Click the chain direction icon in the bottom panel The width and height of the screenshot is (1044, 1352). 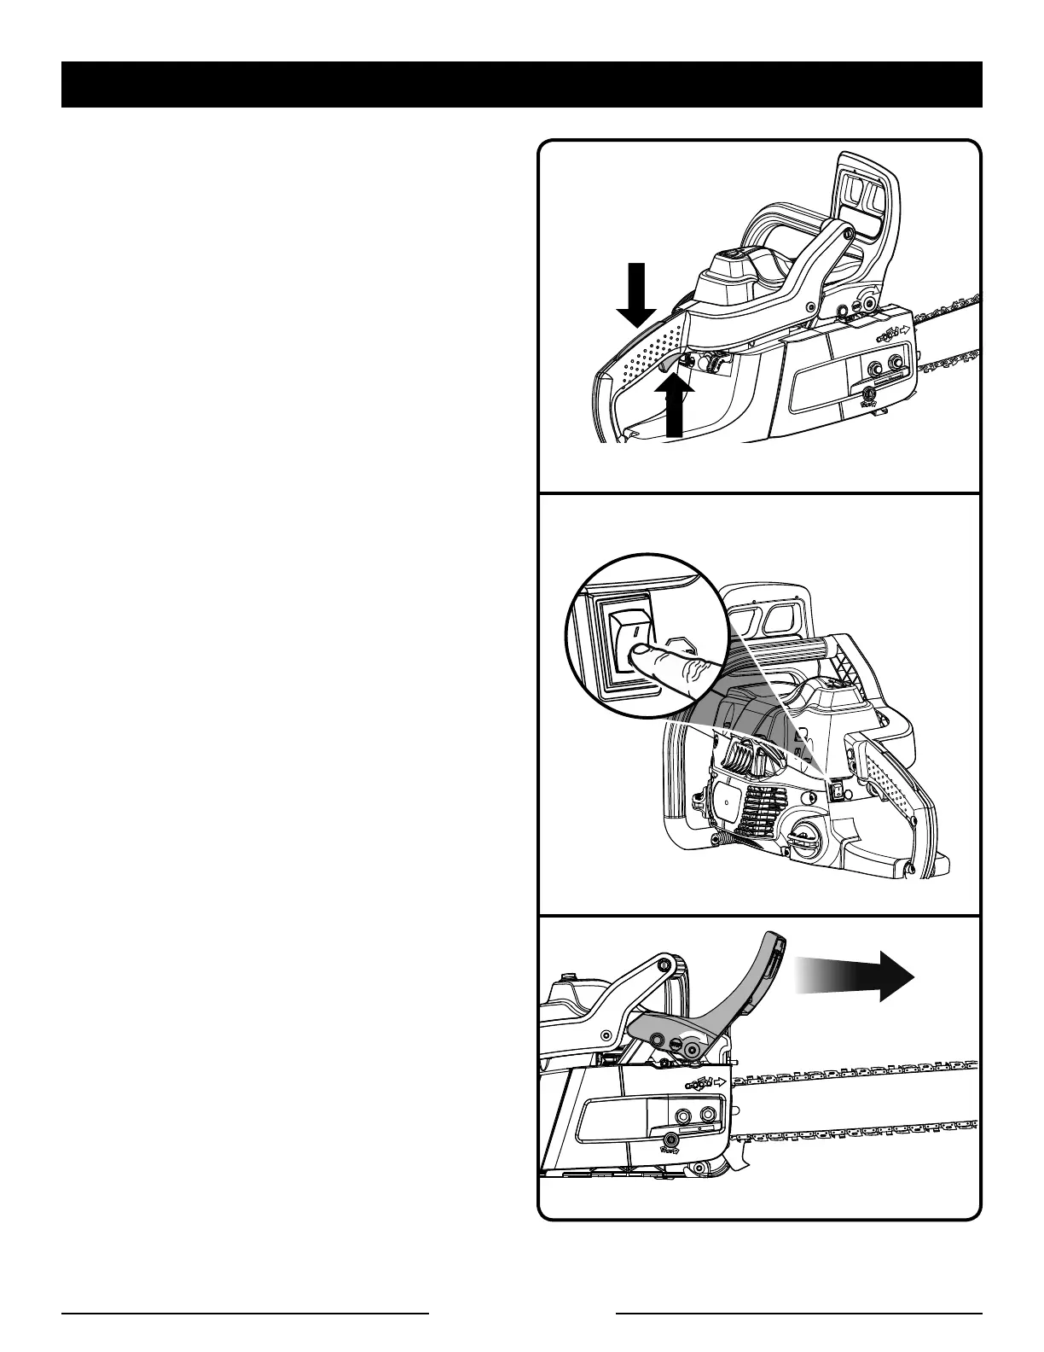pos(704,1082)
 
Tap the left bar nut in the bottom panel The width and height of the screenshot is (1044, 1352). pos(682,1116)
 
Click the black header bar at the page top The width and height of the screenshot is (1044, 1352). pos(521,84)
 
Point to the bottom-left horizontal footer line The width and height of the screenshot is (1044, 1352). pos(245,1313)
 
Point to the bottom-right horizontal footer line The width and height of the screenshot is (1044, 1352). pos(799,1313)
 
